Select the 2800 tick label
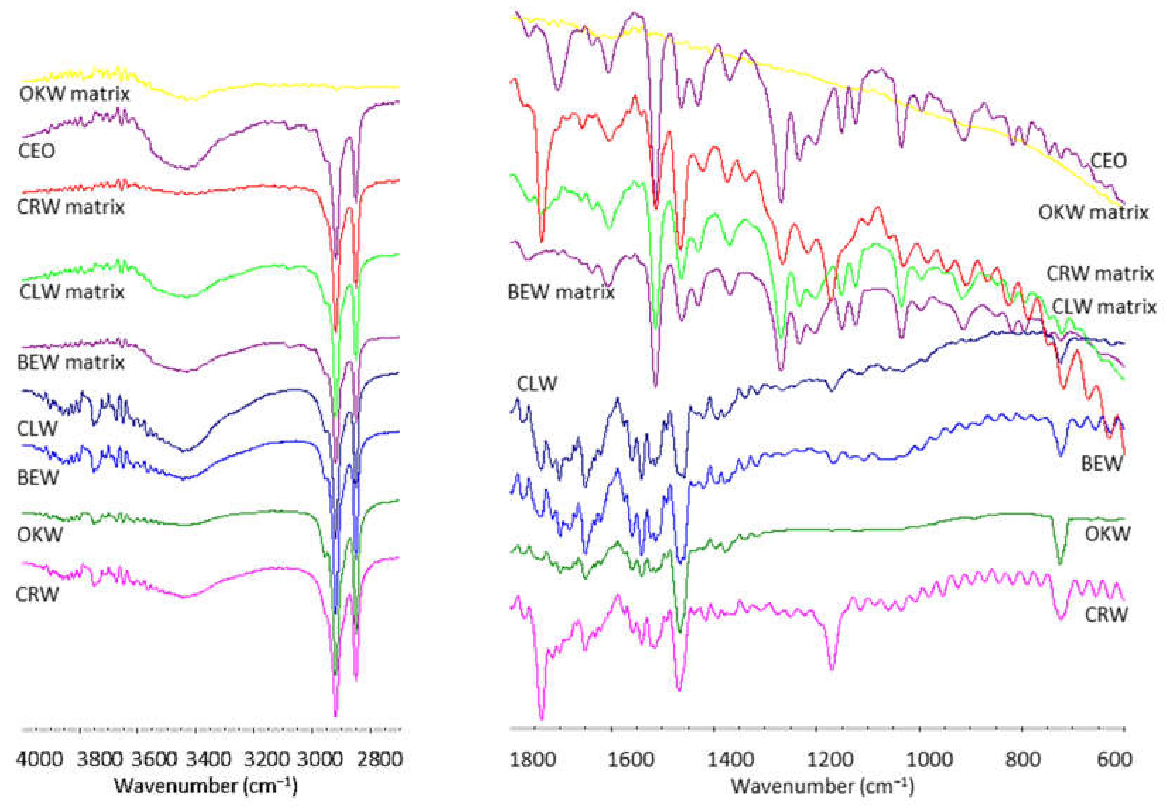[380, 760]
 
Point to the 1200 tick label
[830, 760]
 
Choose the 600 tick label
[1115, 760]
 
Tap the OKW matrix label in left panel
[74, 94]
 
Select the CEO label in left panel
[37, 151]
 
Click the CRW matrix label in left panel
[71, 207]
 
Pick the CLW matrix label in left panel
[72, 292]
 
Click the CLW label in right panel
[537, 384]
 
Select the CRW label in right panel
[1106, 615]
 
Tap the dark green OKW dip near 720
[1060, 562]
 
